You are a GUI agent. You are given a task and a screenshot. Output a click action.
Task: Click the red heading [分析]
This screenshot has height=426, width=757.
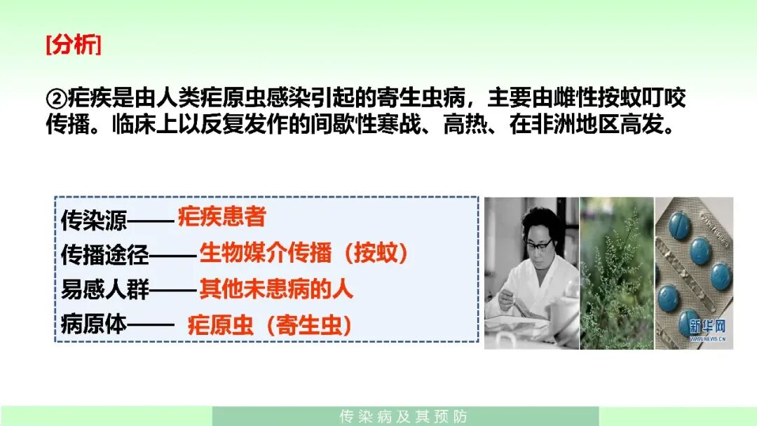(x=74, y=45)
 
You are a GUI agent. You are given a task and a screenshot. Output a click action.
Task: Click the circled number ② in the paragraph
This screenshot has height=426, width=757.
(x=56, y=99)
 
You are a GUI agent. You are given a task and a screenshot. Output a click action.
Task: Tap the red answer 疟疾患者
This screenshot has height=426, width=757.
(x=222, y=217)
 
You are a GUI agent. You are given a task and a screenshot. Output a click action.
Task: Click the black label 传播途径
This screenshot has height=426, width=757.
(x=104, y=255)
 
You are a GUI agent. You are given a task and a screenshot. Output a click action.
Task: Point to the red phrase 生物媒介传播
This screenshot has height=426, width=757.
(x=266, y=253)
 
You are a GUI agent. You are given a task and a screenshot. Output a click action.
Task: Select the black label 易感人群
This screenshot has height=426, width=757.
(x=104, y=289)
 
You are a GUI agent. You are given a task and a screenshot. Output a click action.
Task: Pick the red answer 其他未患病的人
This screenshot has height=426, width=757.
(x=276, y=289)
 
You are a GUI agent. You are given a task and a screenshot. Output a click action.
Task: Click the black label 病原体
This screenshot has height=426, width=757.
(x=94, y=324)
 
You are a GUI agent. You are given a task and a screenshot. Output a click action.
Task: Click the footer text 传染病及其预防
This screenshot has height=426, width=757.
(x=404, y=416)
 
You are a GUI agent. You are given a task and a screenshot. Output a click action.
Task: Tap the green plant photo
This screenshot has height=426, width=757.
(x=617, y=273)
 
